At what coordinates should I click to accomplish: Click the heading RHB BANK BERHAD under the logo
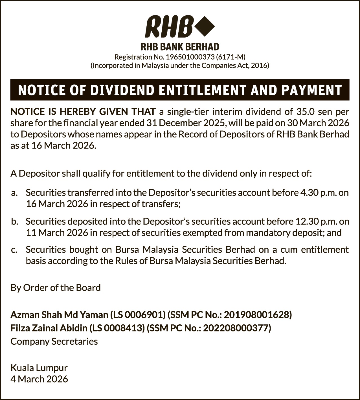[180, 47]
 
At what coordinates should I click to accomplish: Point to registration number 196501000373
[190, 57]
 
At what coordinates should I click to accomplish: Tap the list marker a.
[15, 193]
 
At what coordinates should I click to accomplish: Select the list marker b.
[15, 221]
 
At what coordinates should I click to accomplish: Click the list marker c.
[15, 250]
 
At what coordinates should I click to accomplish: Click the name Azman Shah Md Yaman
[59, 314]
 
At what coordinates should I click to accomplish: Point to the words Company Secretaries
[54, 342]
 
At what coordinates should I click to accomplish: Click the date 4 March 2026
[39, 379]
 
